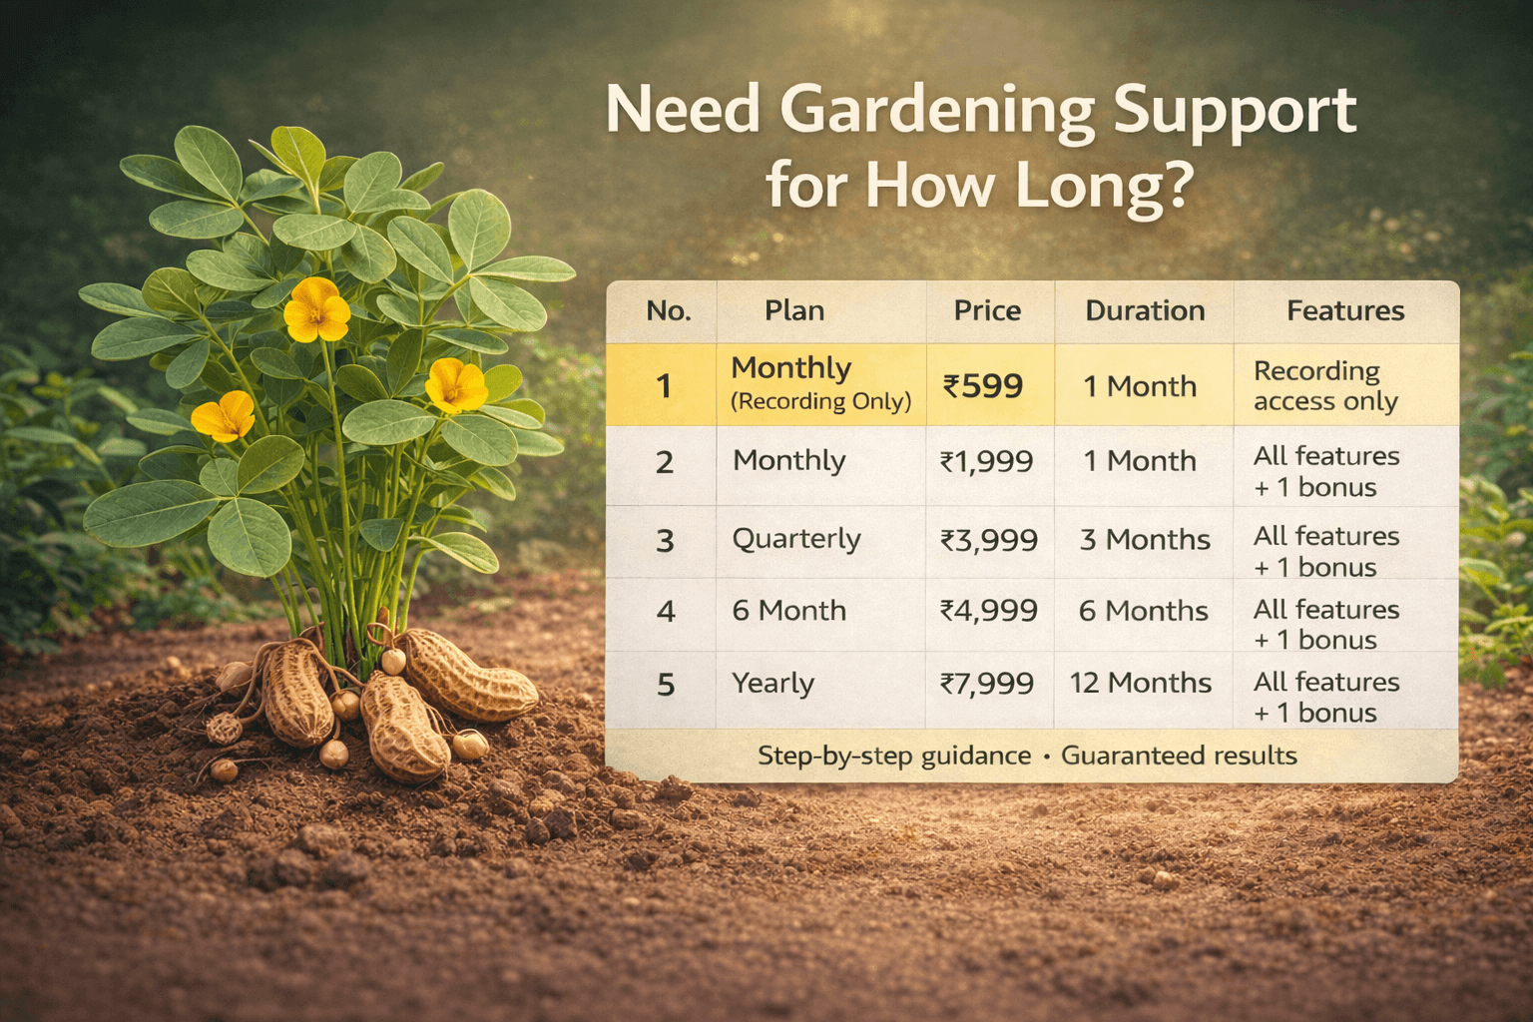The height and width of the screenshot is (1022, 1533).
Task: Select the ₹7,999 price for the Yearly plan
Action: [986, 683]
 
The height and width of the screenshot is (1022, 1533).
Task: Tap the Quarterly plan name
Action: [796, 539]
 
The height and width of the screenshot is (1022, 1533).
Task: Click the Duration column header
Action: [1145, 310]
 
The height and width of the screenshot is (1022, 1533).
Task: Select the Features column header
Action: [1345, 310]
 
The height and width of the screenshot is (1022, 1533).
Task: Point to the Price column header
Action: [987, 310]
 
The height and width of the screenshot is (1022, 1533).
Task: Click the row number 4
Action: [666, 611]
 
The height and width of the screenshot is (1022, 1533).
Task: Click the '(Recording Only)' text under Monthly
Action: [820, 401]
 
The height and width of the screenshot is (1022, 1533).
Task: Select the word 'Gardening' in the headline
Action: [936, 111]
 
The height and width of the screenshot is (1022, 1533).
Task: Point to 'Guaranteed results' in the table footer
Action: [1179, 756]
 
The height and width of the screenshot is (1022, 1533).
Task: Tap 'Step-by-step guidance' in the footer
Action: [894, 757]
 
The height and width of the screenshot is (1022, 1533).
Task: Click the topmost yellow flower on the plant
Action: [316, 310]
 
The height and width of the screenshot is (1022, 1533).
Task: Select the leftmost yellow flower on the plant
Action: [224, 415]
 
